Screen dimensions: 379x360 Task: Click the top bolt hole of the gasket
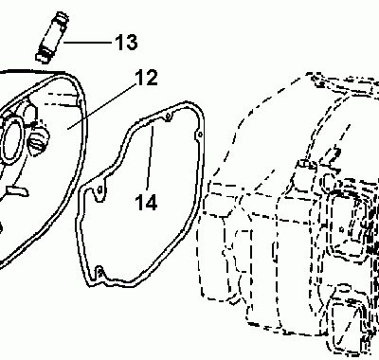tap(167, 117)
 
